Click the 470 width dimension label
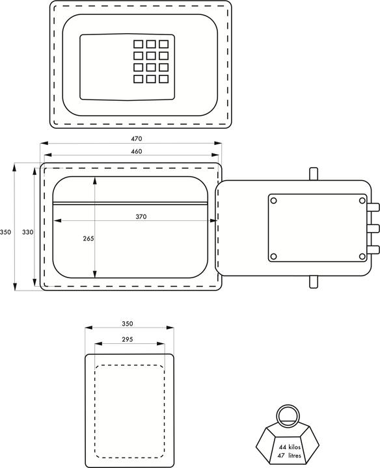point(136,138)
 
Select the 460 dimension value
point(136,151)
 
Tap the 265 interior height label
point(88,239)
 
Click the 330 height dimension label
point(27,231)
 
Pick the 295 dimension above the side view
point(128,339)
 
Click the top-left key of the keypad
point(138,44)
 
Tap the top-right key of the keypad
point(163,44)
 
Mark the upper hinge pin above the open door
point(314,174)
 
